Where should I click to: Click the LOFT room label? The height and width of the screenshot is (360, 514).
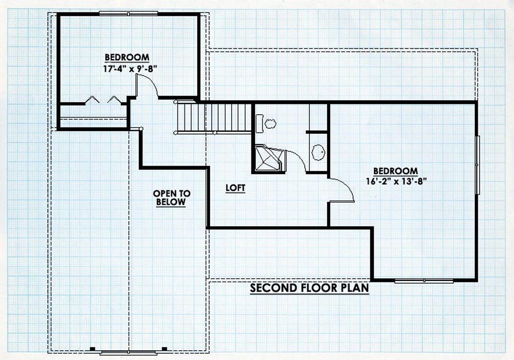pos(235,188)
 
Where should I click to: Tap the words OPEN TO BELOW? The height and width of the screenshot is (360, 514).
pos(172,197)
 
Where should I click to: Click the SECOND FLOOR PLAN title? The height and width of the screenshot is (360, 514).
pos(309,288)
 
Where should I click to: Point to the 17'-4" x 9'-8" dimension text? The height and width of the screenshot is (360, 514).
pos(131,68)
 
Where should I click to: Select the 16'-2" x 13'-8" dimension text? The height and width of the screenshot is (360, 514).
pos(396,182)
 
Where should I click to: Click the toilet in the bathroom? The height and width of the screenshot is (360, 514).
pos(266,123)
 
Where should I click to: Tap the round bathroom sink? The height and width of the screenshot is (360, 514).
pos(318,152)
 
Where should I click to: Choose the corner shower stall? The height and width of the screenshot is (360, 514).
pos(269,158)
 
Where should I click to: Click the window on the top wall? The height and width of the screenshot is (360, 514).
pos(128,13)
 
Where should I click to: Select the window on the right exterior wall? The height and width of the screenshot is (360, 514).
pos(478,165)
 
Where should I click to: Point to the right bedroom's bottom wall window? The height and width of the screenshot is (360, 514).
pos(424,281)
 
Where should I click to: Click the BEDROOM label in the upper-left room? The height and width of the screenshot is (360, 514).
pos(127,58)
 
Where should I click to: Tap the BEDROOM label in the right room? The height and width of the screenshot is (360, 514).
pos(396,171)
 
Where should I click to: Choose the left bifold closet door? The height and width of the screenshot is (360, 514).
pos(92,99)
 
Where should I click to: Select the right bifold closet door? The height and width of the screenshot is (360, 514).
pos(114,99)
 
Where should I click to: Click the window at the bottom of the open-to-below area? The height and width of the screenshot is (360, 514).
pos(128,352)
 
